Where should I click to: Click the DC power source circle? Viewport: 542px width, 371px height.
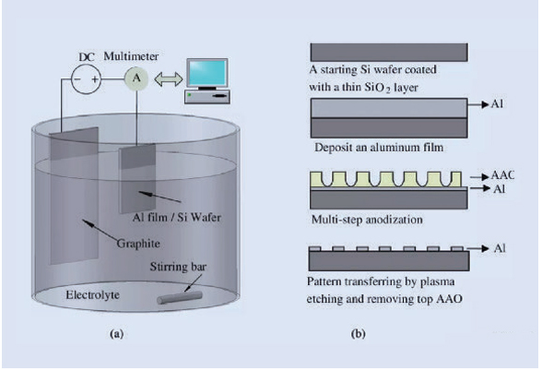pos(80,79)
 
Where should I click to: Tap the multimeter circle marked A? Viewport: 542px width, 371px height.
pos(138,79)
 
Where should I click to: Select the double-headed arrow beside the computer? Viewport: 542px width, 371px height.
pos(168,79)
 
